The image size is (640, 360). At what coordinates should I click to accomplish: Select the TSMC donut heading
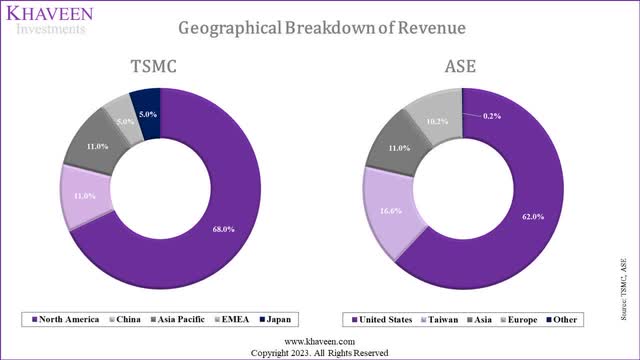coord(162,66)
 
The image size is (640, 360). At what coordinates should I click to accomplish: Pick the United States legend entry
coord(381,319)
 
